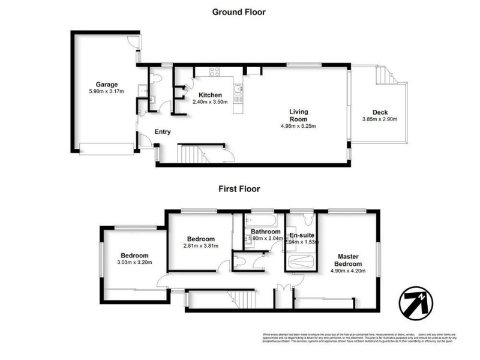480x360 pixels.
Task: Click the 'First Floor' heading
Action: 239,188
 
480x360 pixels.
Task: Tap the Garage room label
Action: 107,84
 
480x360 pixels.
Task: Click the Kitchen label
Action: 211,95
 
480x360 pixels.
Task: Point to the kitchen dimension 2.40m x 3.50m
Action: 211,102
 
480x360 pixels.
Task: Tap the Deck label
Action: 380,112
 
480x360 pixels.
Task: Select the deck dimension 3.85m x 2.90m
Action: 380,119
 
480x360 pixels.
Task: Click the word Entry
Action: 162,132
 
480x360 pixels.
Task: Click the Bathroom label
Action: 266,232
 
